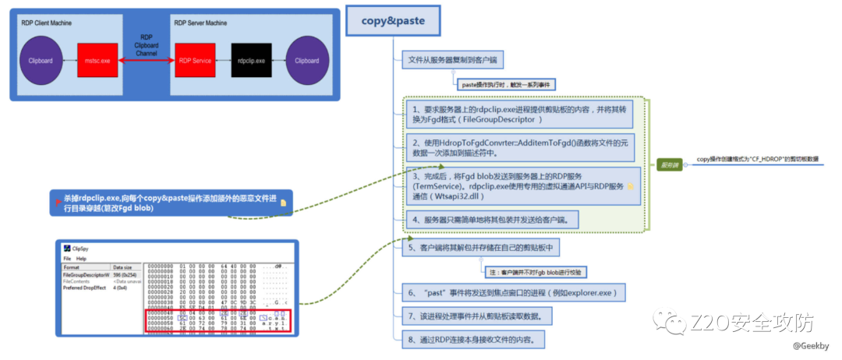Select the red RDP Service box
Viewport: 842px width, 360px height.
pos(194,60)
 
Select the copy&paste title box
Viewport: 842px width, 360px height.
pos(393,22)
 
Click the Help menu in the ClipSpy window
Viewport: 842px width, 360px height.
pos(81,258)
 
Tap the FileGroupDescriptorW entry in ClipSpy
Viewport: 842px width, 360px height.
pos(86,275)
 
